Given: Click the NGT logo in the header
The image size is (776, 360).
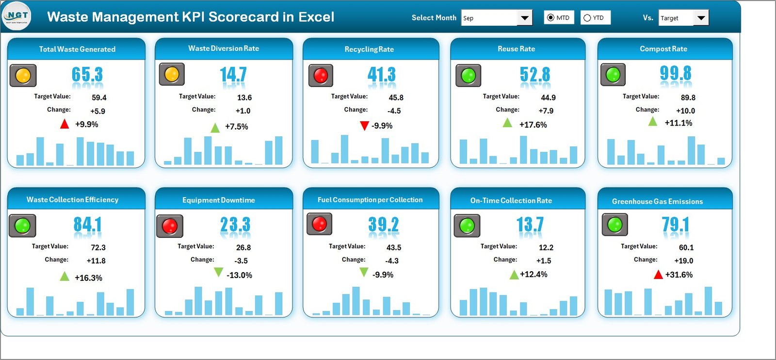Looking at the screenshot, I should click(16, 16).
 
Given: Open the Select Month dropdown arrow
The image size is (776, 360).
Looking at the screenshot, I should click(524, 18).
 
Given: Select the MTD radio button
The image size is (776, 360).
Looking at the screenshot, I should click(550, 17).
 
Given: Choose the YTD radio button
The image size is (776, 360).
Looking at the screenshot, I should click(587, 18).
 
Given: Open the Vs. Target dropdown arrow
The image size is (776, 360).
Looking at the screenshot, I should click(701, 18).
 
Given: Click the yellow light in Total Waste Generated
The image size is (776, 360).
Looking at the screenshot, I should click(23, 75).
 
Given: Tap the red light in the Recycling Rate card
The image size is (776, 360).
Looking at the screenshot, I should click(321, 75).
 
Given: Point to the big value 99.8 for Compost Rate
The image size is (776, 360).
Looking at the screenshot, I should click(675, 74).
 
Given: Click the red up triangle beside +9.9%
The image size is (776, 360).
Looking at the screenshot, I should click(65, 124).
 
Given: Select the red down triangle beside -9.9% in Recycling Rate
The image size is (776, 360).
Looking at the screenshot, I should click(364, 126).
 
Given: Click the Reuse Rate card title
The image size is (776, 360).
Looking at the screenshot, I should click(516, 49).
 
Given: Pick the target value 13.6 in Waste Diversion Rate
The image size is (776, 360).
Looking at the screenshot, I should click(244, 98).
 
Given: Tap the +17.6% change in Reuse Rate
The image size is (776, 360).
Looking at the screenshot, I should click(533, 125).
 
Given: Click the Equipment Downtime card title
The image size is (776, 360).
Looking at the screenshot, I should click(218, 200).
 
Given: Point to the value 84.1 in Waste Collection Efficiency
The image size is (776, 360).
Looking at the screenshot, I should click(87, 225).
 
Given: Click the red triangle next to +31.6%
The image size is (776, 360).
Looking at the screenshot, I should click(658, 275).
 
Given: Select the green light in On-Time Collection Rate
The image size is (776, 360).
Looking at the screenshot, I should click(467, 225).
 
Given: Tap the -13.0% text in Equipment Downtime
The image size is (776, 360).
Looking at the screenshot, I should click(239, 275).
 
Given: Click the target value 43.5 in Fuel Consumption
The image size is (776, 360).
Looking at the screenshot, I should click(393, 247).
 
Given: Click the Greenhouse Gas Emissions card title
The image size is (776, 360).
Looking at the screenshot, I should click(657, 201).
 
